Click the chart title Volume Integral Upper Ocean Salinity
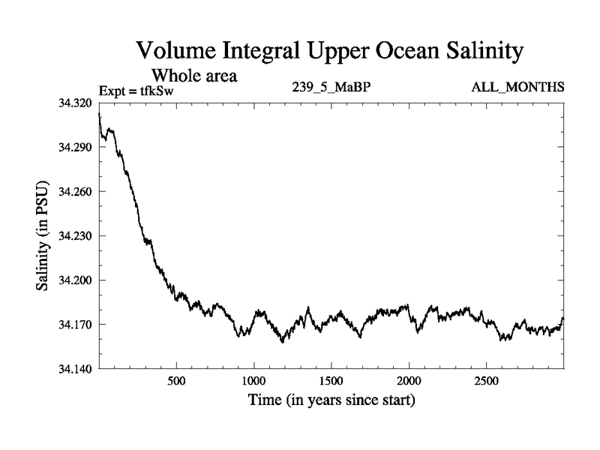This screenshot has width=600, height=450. pyautogui.click(x=328, y=52)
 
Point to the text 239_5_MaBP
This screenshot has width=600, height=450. pyautogui.click(x=331, y=88)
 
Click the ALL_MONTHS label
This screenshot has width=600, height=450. pyautogui.click(x=517, y=88)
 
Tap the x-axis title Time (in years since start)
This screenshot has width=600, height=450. pyautogui.click(x=331, y=401)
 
